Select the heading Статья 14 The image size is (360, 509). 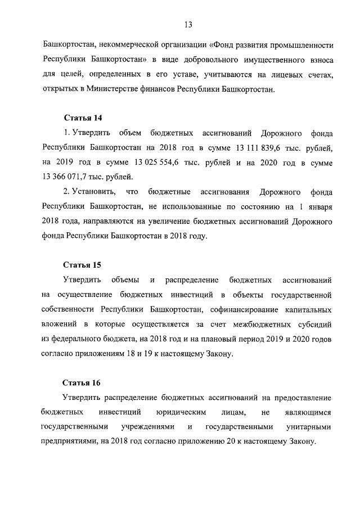click(x=82, y=118)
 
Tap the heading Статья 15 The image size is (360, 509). click(x=82, y=264)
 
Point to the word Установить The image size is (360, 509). click(x=92, y=192)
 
